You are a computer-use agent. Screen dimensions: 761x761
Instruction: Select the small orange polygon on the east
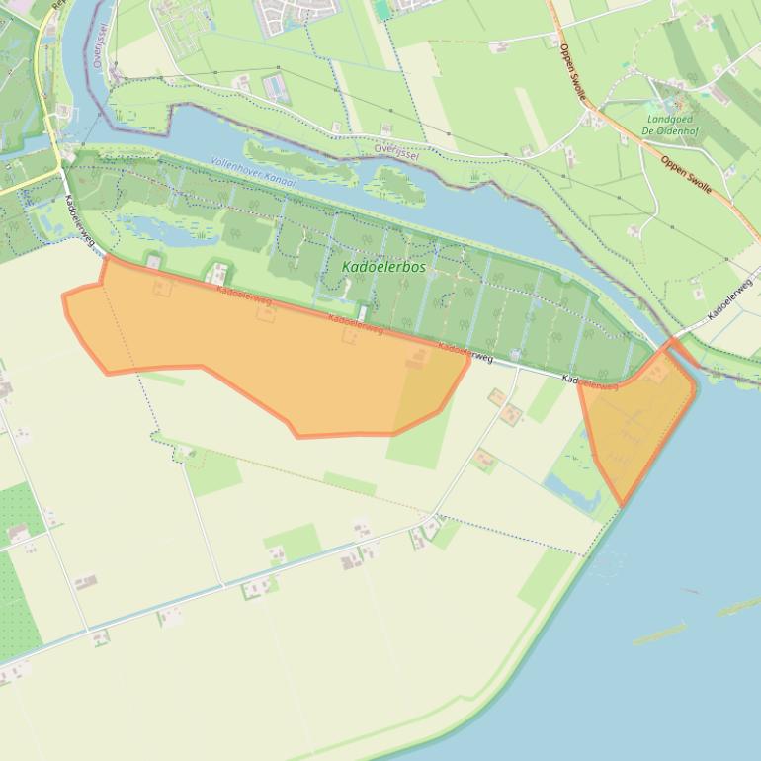(x=637, y=420)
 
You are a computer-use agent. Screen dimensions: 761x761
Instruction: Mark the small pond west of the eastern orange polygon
(x=570, y=489)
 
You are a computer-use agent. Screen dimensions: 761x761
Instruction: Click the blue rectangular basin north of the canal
(x=278, y=89)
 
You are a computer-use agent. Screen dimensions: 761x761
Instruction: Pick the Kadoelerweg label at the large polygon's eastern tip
(x=465, y=352)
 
